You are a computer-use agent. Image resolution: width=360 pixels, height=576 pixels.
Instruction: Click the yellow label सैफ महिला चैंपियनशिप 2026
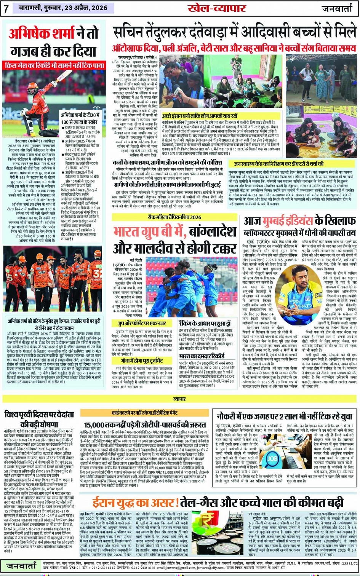175,217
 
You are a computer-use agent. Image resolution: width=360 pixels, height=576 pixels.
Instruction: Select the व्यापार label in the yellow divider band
179,399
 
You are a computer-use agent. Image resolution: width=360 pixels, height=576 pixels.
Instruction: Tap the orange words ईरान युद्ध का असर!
135,503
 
